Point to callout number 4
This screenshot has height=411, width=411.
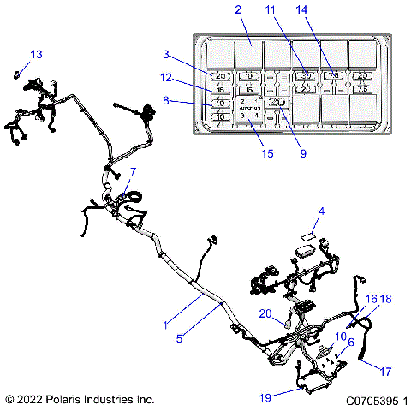click(x=321, y=211)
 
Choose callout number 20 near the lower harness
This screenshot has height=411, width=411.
click(x=265, y=313)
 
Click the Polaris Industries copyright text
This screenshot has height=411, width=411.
click(x=79, y=399)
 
